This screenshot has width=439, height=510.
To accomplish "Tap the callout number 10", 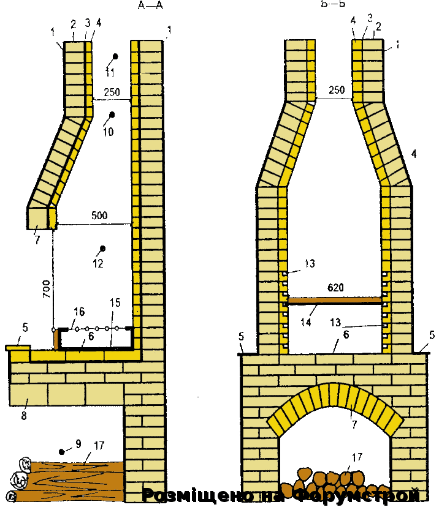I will [x=108, y=132].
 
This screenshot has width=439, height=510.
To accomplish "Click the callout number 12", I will [x=98, y=264].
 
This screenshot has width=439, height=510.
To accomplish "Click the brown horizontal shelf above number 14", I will [x=335, y=300].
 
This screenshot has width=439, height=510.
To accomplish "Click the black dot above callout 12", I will [x=103, y=248].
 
